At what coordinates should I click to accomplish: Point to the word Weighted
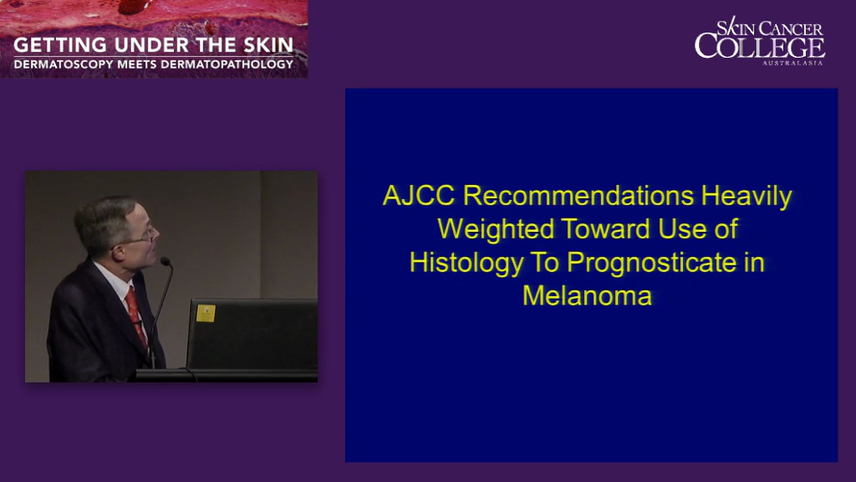pos(496,230)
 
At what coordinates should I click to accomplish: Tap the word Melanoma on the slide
pos(587,295)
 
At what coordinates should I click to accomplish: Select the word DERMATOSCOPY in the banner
pos(55,64)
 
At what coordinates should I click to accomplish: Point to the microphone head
pos(165,261)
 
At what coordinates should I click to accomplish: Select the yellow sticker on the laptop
pos(206,313)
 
